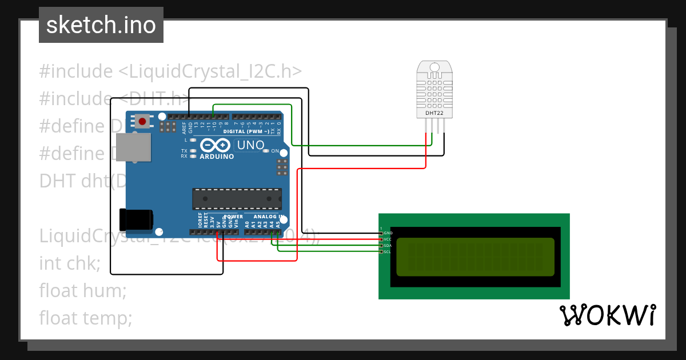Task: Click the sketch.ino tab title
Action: tap(101, 25)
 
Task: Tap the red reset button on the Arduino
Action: tap(142, 121)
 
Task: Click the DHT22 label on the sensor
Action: tap(434, 113)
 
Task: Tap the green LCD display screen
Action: tap(474, 257)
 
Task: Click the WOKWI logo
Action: tap(607, 315)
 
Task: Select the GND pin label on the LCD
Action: tap(388, 233)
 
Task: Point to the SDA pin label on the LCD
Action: tap(388, 245)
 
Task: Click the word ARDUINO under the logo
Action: tap(217, 156)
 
